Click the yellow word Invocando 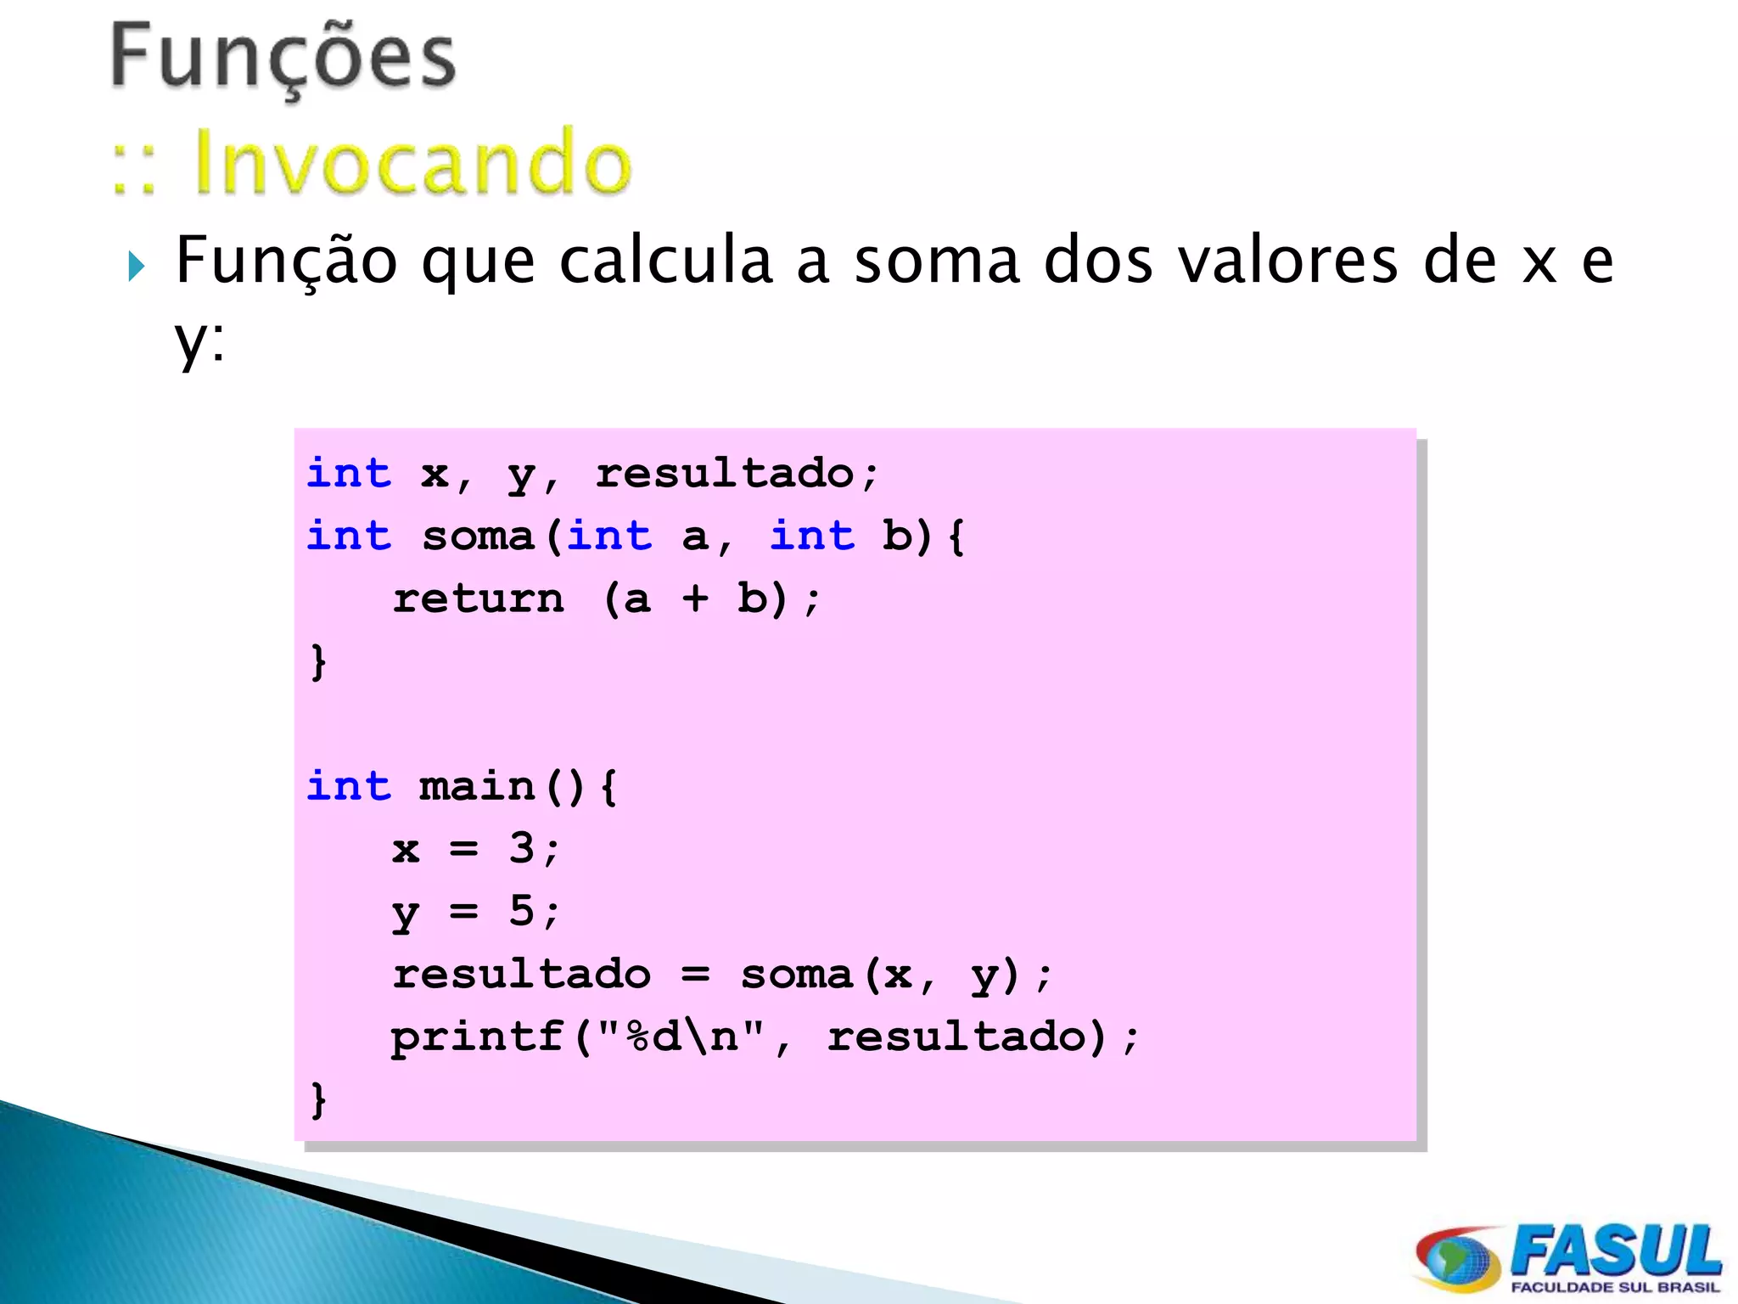[412, 162]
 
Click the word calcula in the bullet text [665, 261]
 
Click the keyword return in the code [478, 599]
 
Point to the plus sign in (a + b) [695, 599]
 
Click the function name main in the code [478, 787]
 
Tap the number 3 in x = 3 [521, 848]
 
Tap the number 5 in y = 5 [521, 911]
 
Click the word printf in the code [478, 1037]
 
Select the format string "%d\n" [680, 1036]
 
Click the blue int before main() [349, 787]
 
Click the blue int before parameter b [811, 537]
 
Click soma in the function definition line [478, 537]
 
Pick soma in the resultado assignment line [796, 975]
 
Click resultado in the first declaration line [724, 474]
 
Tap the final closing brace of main [318, 1100]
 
